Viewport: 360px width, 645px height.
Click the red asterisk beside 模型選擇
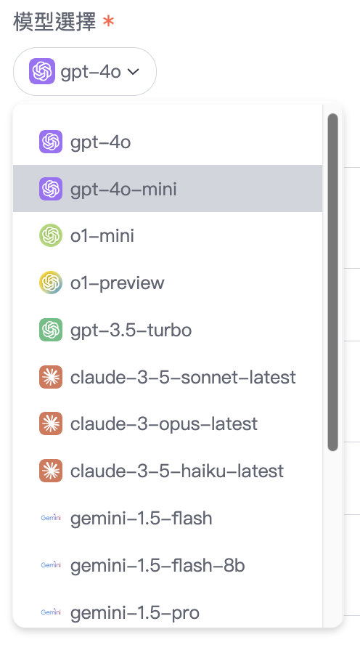click(108, 21)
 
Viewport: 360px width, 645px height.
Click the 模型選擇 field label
click(54, 22)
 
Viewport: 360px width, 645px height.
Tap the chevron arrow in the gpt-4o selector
click(133, 72)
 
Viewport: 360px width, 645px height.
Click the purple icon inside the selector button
click(42, 71)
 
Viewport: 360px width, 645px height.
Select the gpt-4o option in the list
click(101, 142)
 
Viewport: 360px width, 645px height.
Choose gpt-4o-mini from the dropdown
click(123, 189)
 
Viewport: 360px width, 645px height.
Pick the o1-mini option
click(102, 236)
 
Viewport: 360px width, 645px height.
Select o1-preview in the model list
click(117, 283)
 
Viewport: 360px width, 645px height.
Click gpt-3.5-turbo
click(131, 330)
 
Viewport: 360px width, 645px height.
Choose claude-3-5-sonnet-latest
click(183, 377)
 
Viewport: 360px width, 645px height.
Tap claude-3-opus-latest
click(163, 424)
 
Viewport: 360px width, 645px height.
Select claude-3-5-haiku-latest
click(176, 471)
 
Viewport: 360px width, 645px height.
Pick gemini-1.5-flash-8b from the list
click(157, 565)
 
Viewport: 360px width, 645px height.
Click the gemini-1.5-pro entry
click(135, 612)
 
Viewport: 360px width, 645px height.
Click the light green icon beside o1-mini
click(51, 236)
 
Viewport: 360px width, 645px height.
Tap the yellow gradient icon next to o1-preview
click(51, 283)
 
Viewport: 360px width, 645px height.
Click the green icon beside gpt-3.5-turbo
click(51, 330)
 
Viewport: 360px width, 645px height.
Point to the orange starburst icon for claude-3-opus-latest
click(51, 423)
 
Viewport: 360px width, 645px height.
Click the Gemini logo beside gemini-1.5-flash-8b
click(51, 565)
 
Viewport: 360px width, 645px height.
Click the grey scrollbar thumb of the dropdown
click(333, 282)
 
